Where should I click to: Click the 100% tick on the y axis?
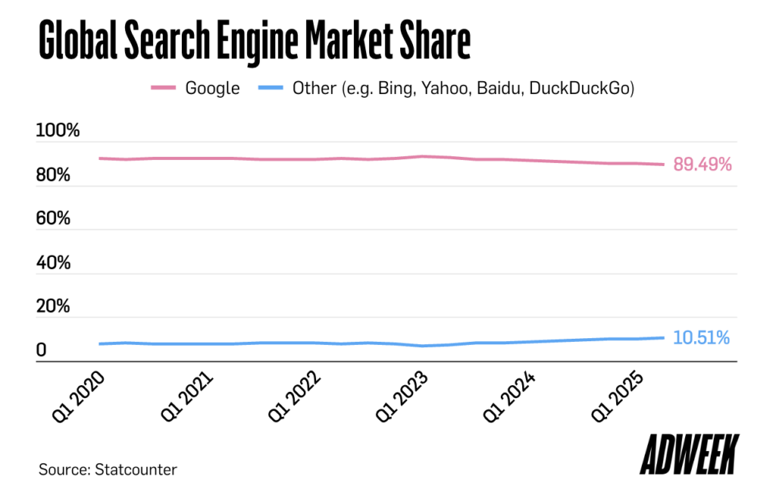click(58, 130)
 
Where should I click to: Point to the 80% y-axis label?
click(54, 175)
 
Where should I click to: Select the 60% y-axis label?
click(54, 219)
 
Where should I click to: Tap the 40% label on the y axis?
click(54, 263)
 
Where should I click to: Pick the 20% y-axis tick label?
click(54, 307)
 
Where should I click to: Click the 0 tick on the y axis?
click(42, 351)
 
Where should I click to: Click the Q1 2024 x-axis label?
click(510, 397)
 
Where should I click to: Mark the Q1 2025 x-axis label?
click(618, 397)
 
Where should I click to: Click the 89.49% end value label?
click(702, 165)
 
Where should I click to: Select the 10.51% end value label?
click(702, 338)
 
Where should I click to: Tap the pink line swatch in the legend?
click(163, 89)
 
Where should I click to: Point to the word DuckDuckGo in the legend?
click(580, 89)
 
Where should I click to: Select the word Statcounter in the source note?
click(136, 469)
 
